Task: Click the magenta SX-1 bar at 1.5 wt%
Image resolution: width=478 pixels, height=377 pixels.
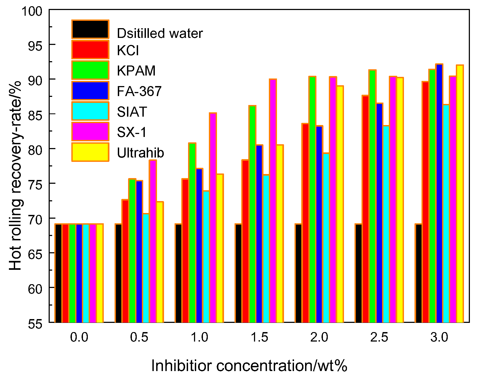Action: [273, 200]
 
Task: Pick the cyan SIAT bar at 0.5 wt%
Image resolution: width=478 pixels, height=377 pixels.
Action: [146, 268]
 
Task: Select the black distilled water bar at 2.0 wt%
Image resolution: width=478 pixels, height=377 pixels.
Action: [298, 273]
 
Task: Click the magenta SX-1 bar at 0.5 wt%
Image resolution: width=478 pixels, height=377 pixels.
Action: [153, 241]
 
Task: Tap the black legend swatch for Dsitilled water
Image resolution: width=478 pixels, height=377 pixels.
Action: [90, 29]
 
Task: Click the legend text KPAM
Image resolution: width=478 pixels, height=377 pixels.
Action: [136, 71]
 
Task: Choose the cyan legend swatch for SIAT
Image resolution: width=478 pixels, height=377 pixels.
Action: [90, 111]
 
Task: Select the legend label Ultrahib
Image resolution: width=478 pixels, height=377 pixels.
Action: [140, 153]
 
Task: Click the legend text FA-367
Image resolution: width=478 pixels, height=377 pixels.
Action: [139, 91]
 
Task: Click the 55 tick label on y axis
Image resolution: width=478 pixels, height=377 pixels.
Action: [35, 324]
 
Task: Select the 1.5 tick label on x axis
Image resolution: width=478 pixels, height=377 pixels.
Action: [259, 337]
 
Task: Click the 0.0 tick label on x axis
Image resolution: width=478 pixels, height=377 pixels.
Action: [79, 337]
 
